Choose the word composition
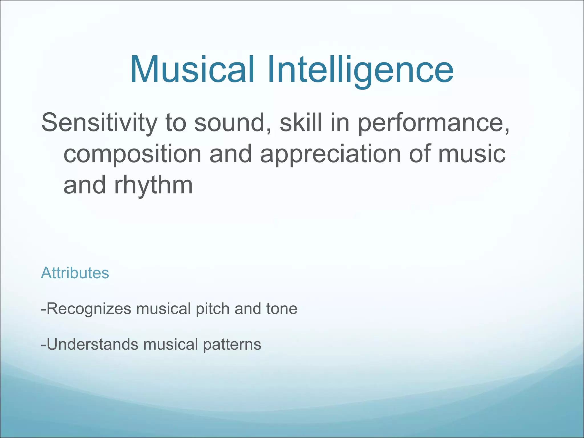click(x=132, y=154)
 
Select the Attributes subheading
click(x=75, y=273)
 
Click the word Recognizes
click(x=89, y=309)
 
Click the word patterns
click(x=232, y=344)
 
